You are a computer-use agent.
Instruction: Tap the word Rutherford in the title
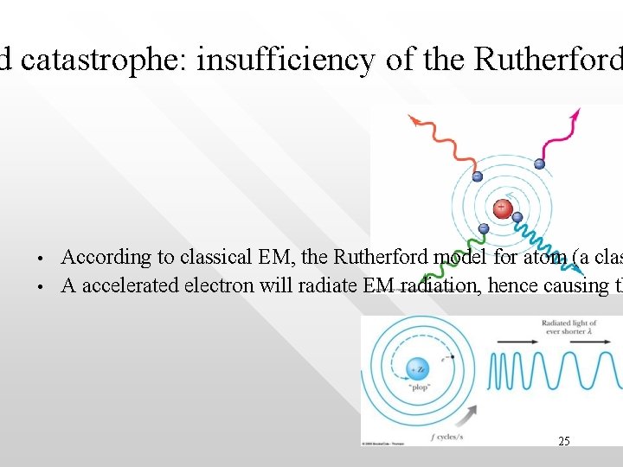point(546,60)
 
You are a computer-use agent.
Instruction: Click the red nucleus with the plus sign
point(501,208)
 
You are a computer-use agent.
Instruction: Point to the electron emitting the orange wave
point(477,176)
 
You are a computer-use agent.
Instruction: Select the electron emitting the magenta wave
point(539,163)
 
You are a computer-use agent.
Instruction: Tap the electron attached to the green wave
point(484,228)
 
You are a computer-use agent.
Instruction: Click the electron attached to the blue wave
point(517,217)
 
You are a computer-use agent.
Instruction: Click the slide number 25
point(563,441)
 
